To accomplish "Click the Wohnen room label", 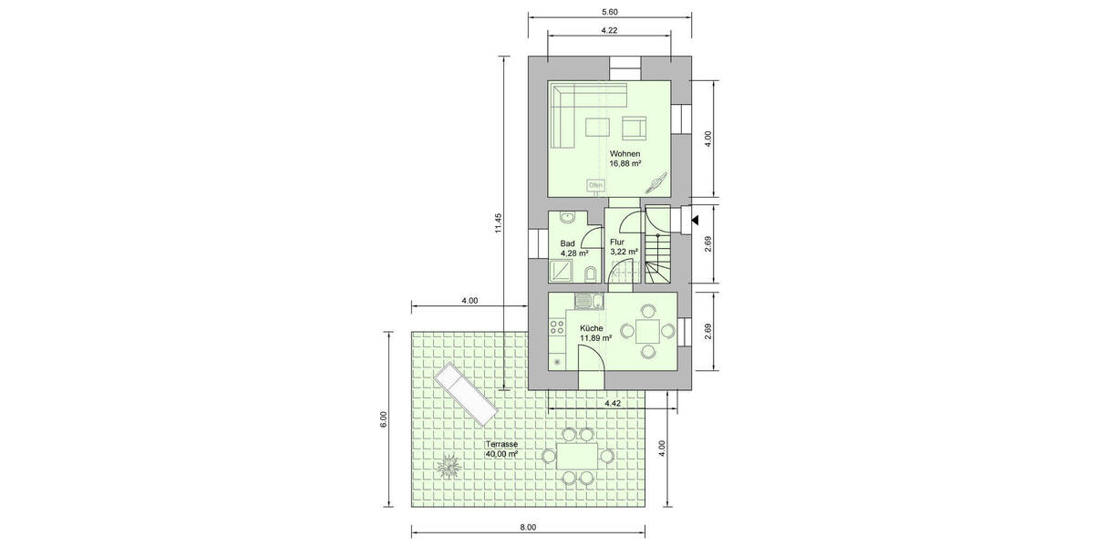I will pos(625,153).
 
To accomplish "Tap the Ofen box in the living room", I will pos(595,185).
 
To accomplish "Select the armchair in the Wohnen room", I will pos(635,127).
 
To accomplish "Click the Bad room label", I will pos(567,243).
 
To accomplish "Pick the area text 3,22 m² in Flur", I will pos(624,252).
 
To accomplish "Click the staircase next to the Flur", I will pos(661,245).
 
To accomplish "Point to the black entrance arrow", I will pos(695,220).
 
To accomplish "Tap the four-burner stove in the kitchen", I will pos(556,328).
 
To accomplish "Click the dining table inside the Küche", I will pos(648,329).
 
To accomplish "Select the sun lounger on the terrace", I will pos(466,393).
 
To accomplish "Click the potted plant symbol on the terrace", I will pos(448,467).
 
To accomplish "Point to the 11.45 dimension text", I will pos(499,223).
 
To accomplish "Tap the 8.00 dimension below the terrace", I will pos(528,528).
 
